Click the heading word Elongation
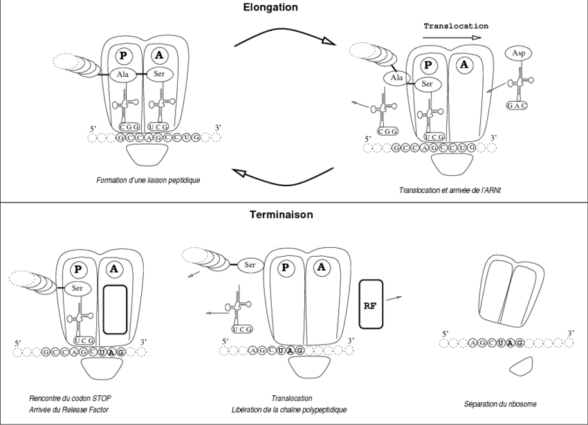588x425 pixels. coord(270,8)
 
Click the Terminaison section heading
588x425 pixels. coord(281,215)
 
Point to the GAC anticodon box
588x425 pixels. coord(517,105)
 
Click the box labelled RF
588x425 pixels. coord(371,303)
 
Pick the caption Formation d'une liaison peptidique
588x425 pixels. coord(148,180)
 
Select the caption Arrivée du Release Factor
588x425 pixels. coord(70,410)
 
